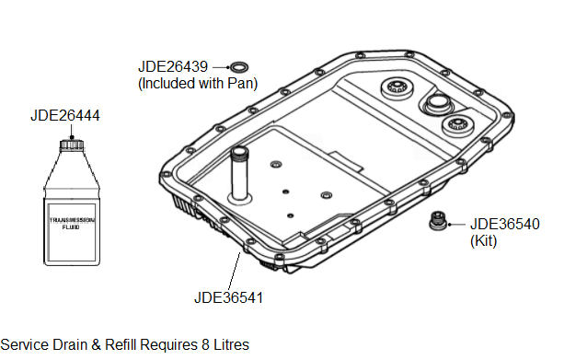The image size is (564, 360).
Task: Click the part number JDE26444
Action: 65,116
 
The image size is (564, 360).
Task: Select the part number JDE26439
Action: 173,66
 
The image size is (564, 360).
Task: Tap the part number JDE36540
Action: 505,224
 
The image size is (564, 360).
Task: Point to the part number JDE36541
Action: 229,297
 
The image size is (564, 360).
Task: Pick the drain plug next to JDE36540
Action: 438,220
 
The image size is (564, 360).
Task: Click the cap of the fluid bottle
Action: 71,145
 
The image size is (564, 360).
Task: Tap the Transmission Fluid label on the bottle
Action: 72,223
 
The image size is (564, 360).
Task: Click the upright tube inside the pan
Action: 239,175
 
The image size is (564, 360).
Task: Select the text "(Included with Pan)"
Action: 198,83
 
